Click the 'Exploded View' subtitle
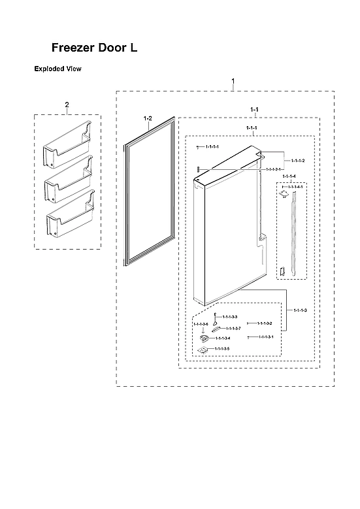[x=57, y=69]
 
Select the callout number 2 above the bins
[x=67, y=105]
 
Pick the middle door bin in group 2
[x=67, y=182]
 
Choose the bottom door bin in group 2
[x=69, y=218]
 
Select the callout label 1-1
[x=254, y=108]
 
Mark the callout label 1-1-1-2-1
[x=274, y=169]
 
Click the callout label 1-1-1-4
[x=288, y=176]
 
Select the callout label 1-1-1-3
[x=300, y=309]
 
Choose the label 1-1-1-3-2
[x=264, y=323]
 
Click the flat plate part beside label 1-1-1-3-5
[x=202, y=350]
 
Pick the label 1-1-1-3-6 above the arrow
[x=201, y=324]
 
